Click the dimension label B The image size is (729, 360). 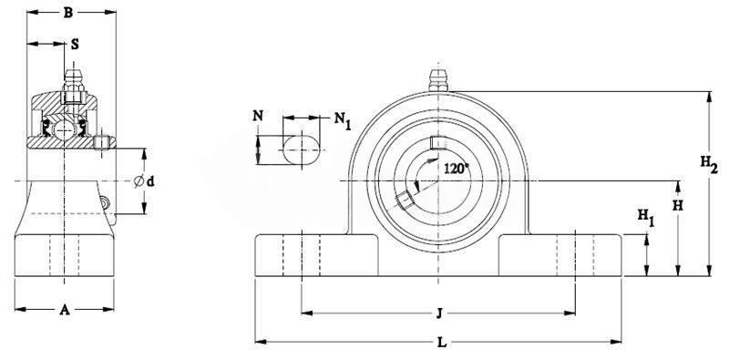click(67, 13)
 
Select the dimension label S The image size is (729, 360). click(75, 44)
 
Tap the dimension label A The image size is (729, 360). click(65, 310)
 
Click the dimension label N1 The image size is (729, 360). click(343, 120)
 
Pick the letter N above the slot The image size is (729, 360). click(258, 116)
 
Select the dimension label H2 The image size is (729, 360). click(709, 164)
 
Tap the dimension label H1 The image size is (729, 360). click(645, 217)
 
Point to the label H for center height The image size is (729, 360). click(678, 206)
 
